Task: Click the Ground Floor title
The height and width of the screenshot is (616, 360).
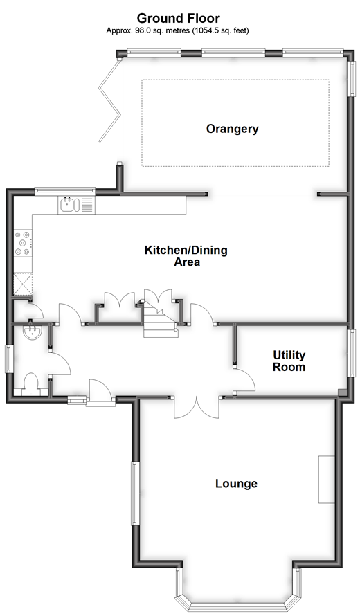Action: point(178,19)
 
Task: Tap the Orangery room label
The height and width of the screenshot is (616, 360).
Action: point(233,129)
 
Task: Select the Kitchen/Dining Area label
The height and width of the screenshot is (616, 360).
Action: point(186,256)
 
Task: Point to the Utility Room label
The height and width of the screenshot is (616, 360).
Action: point(289,361)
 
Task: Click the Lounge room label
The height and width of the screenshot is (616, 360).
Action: point(236,483)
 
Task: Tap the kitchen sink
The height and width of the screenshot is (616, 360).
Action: point(76,205)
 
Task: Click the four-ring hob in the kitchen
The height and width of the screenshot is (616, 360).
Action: point(23,244)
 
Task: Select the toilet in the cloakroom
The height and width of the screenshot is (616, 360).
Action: point(31,384)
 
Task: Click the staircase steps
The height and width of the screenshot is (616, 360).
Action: point(161,319)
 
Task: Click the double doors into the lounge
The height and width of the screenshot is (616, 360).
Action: point(196,407)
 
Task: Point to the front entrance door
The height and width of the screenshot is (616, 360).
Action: point(100,391)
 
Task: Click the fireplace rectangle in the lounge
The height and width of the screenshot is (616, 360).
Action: point(326,479)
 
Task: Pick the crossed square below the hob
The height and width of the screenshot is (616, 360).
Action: point(23,284)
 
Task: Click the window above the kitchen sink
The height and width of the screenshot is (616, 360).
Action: point(65,191)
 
